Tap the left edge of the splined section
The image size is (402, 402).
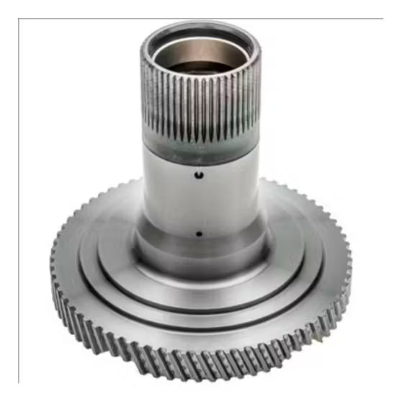point(143,101)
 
